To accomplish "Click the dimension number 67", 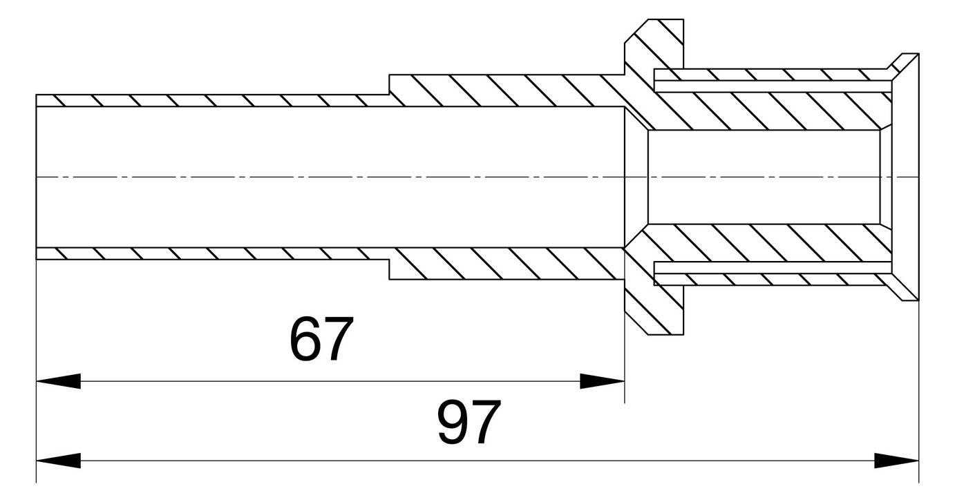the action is coord(321,339).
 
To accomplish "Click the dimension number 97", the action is coord(469,422).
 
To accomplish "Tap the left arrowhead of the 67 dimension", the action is coord(59,381).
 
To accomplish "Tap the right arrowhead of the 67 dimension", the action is coord(602,381).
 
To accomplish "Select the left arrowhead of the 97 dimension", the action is coord(59,461).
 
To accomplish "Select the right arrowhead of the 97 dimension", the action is coord(896,461).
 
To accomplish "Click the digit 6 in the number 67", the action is coord(305,339).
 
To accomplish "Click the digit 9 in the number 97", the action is coord(453,422).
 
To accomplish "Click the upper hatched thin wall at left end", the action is coord(212,101).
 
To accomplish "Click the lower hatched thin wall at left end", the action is coord(212,253).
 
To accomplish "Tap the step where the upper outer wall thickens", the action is coord(389,84).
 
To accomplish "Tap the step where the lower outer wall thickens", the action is coord(389,269).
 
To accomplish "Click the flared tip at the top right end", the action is coord(905,68).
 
